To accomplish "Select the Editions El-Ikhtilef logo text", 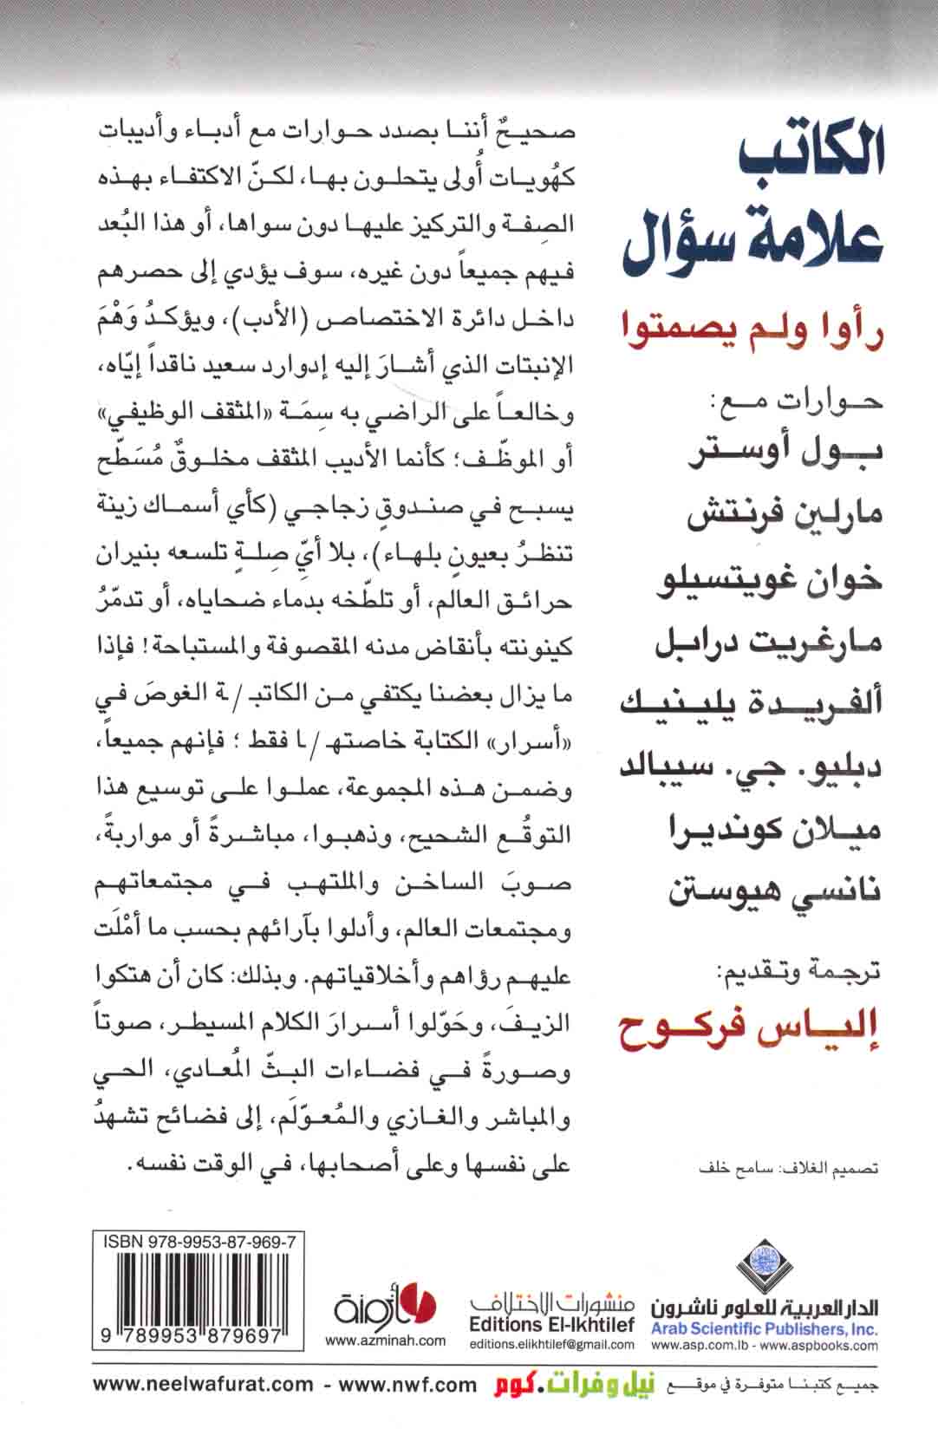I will tap(550, 1325).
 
